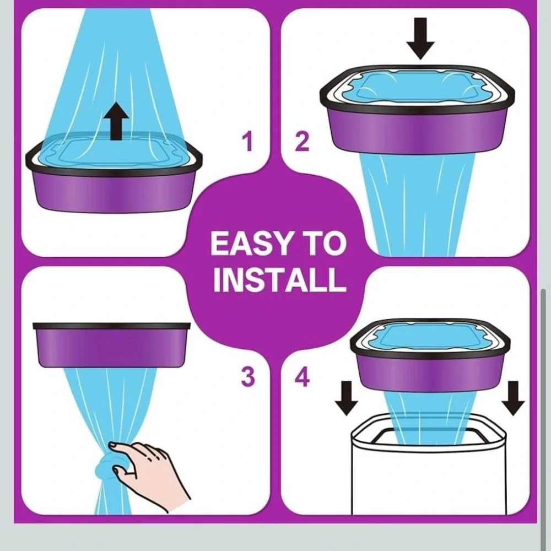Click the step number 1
click(248, 141)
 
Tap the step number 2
click(302, 141)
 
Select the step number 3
click(248, 376)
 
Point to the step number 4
click(302, 376)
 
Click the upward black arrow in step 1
click(116, 121)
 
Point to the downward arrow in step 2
click(420, 39)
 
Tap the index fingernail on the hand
click(113, 446)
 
